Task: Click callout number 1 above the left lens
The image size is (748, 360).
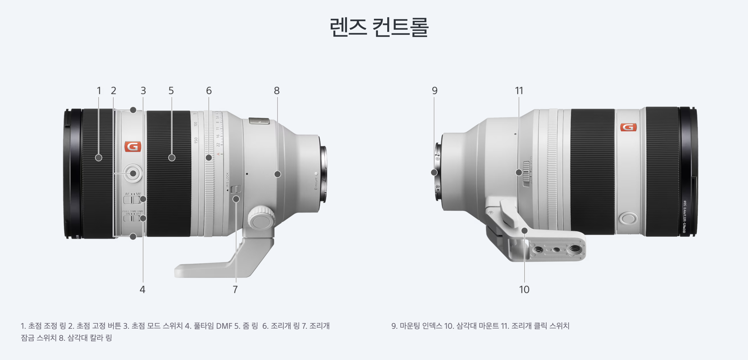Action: [x=99, y=90]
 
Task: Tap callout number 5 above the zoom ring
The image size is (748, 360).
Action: [x=171, y=90]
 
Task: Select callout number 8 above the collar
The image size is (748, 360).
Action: [x=277, y=90]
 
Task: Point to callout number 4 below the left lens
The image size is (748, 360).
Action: [x=143, y=289]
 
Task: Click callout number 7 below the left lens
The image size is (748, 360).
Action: [x=235, y=289]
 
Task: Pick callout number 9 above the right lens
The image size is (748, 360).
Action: [x=434, y=90]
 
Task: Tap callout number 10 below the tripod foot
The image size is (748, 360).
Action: [x=524, y=289]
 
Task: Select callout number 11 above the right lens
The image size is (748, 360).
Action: [x=519, y=90]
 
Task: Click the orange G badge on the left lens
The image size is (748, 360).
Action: [x=133, y=147]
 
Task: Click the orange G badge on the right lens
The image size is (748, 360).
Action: [x=628, y=127]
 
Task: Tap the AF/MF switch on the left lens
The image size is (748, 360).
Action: [x=132, y=200]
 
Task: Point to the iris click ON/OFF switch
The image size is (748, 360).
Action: [x=526, y=174]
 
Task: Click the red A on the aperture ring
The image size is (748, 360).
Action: [x=218, y=154]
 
